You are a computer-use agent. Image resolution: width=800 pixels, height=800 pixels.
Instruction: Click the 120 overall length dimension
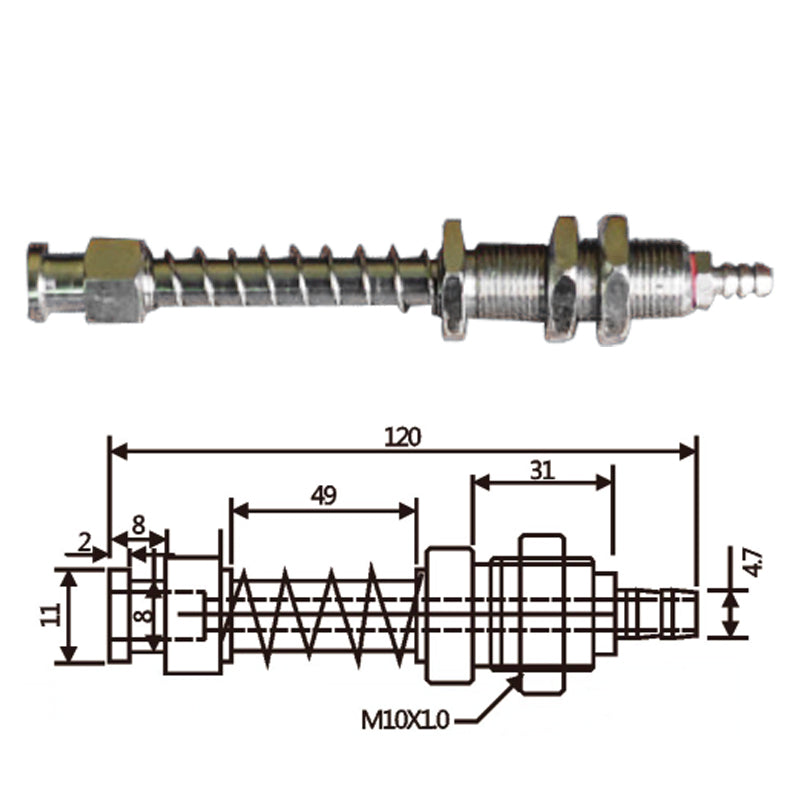(x=403, y=438)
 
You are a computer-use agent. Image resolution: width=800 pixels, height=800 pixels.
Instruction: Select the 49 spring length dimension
(x=324, y=495)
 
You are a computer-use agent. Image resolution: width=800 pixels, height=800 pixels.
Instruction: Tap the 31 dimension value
(x=542, y=470)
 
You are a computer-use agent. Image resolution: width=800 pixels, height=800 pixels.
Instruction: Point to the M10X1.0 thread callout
(x=405, y=720)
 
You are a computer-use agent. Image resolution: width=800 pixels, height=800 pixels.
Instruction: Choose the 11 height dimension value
(x=50, y=614)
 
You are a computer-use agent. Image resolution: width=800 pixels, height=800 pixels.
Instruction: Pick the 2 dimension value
(x=84, y=542)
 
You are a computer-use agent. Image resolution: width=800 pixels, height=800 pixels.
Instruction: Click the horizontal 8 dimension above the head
(x=138, y=525)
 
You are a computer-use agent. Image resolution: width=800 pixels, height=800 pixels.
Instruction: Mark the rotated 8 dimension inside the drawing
(x=144, y=616)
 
